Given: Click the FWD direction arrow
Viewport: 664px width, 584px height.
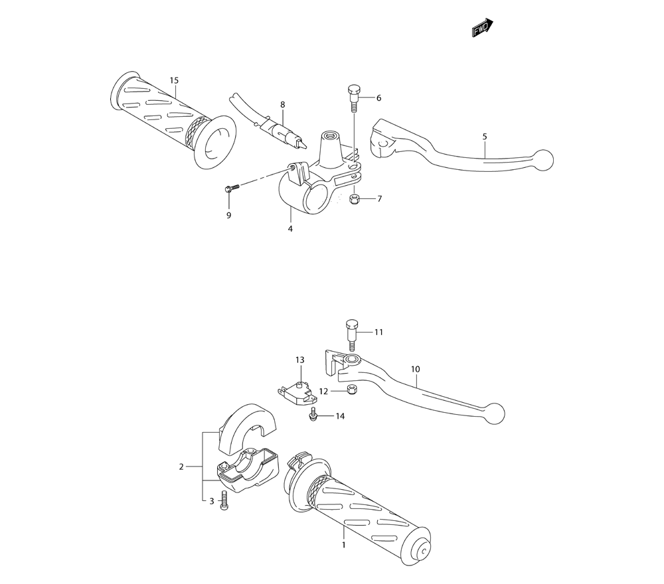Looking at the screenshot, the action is click(x=482, y=28).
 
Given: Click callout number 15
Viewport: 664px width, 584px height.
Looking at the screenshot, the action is click(x=174, y=80).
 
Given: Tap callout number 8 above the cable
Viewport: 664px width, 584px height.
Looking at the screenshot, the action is click(x=282, y=105).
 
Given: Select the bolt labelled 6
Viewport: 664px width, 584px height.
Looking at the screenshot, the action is click(x=353, y=98).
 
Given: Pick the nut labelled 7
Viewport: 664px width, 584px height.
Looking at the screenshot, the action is click(x=355, y=198).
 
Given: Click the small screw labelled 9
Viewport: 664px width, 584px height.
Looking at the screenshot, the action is click(x=232, y=187).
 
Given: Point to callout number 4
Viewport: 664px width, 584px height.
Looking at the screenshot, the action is click(x=290, y=229).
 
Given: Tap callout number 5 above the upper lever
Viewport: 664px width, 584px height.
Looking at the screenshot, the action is click(x=485, y=137).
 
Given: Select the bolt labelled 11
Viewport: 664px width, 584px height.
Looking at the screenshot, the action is click(x=351, y=336).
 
